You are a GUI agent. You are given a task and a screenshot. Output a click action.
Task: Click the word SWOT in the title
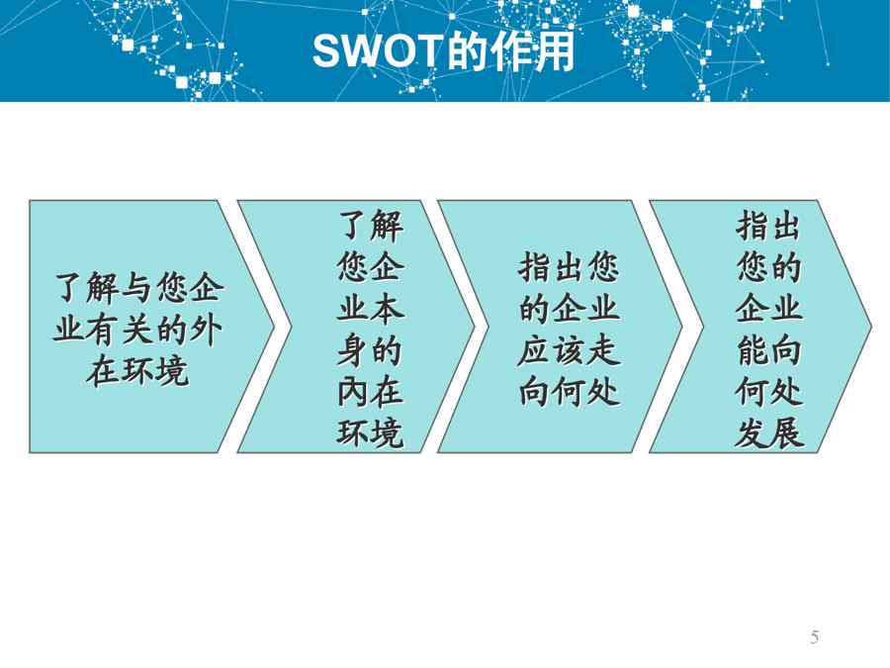pyautogui.click(x=378, y=51)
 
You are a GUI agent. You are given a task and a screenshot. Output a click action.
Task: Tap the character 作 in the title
pyautogui.click(x=512, y=51)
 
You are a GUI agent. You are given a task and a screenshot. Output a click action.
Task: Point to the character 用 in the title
pyautogui.click(x=555, y=51)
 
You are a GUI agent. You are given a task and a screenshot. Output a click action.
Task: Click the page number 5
pyautogui.click(x=815, y=637)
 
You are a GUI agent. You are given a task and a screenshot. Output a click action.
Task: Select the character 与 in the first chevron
pyautogui.click(x=136, y=287)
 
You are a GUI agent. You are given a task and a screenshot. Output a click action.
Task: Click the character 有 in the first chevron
pyautogui.click(x=102, y=330)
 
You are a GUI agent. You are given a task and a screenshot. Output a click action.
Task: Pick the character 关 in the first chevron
pyautogui.click(x=136, y=330)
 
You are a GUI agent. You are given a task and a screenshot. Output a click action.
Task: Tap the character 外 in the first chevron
pyautogui.click(x=206, y=330)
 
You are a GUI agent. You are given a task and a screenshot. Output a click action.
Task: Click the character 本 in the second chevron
pyautogui.click(x=388, y=310)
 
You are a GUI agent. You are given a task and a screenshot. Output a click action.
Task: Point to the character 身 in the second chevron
pyautogui.click(x=353, y=351)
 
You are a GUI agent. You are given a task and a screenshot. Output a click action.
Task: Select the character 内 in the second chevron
pyautogui.click(x=353, y=393)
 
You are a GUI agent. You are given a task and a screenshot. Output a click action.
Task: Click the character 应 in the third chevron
pyautogui.click(x=534, y=351)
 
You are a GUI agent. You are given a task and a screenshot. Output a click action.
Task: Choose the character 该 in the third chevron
pyautogui.click(x=569, y=351)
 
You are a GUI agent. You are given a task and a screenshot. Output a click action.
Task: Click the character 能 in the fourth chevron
pyautogui.click(x=753, y=351)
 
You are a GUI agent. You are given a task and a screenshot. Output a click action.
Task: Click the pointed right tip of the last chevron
pyautogui.click(x=871, y=327)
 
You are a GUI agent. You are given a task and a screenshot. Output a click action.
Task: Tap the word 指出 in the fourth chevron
pyautogui.click(x=769, y=226)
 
